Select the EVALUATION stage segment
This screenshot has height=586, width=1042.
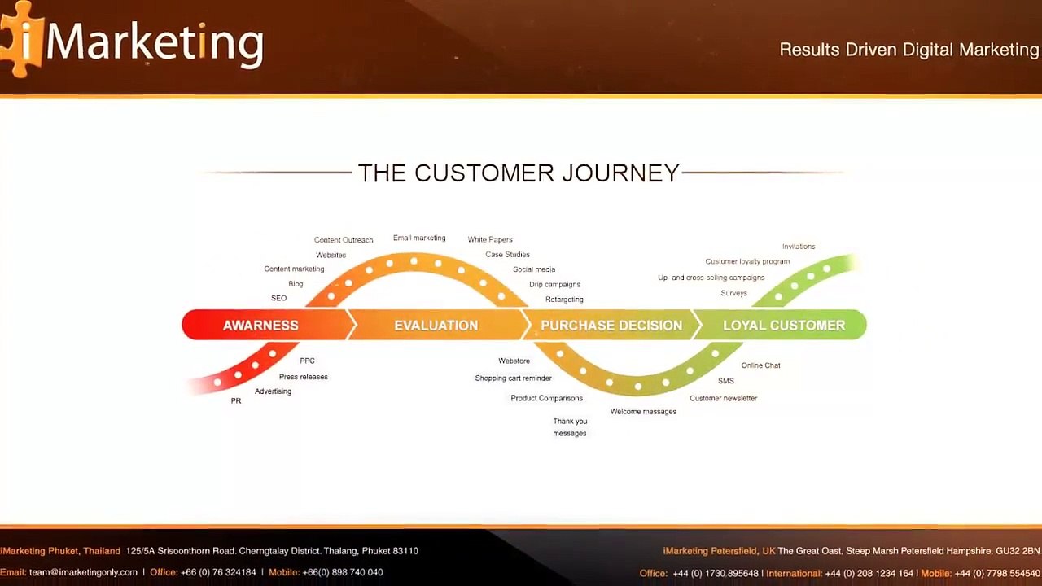click(436, 325)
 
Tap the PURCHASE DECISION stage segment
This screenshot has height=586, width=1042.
click(611, 325)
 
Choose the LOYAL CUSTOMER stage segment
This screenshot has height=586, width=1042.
click(781, 325)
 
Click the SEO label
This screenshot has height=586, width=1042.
click(278, 298)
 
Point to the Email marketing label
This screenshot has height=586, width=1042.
click(419, 238)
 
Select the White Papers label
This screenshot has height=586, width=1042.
click(490, 239)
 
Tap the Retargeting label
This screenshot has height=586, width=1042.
click(564, 300)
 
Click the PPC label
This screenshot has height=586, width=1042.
click(307, 361)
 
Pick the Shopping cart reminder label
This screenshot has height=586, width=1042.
click(513, 378)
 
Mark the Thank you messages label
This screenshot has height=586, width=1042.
click(570, 427)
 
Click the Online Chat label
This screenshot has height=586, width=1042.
click(760, 365)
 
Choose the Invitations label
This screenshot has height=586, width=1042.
click(799, 247)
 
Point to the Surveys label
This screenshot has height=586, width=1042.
click(734, 293)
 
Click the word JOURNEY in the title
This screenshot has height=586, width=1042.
click(620, 173)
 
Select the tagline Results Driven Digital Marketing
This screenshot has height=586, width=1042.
click(909, 50)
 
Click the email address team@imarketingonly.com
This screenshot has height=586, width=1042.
click(83, 572)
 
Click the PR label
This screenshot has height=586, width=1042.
click(236, 401)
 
